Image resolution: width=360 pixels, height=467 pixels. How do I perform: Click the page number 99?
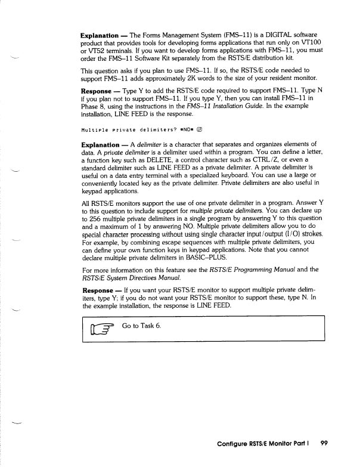click(324, 443)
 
